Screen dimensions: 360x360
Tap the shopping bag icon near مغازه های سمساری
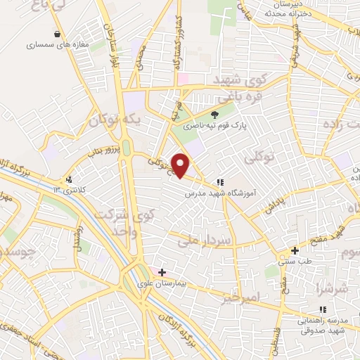tap(57, 34)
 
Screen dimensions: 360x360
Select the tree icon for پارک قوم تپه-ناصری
tap(215, 115)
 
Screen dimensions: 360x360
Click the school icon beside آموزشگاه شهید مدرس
tap(220, 181)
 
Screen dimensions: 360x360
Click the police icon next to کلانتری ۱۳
tap(69, 179)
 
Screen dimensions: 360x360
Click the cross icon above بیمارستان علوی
tap(162, 271)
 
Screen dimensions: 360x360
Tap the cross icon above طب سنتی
tap(295, 250)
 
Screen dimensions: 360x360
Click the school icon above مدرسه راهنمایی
tap(323, 309)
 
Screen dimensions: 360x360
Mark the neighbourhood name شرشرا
tap(333, 289)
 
